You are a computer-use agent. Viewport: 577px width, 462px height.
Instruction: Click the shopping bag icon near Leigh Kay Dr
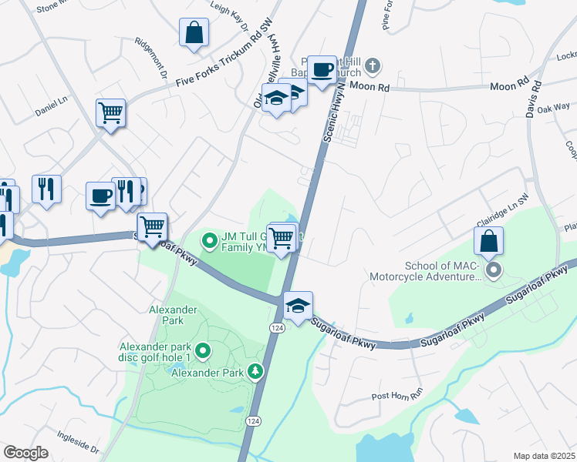click(x=194, y=33)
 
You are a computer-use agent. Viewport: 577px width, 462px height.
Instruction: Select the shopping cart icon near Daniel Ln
click(x=110, y=113)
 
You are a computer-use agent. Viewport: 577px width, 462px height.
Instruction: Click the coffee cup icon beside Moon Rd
click(x=322, y=70)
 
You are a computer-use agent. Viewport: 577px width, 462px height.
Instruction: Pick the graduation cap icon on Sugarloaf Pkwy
click(x=298, y=306)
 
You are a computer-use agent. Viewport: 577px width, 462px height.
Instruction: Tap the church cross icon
click(x=373, y=65)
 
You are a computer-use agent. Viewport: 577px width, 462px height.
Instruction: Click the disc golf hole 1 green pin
click(x=203, y=353)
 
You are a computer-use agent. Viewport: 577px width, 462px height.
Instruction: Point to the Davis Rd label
click(x=534, y=100)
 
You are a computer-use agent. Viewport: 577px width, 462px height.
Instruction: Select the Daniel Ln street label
click(x=52, y=106)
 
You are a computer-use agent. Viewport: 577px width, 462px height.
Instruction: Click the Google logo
click(x=25, y=453)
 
